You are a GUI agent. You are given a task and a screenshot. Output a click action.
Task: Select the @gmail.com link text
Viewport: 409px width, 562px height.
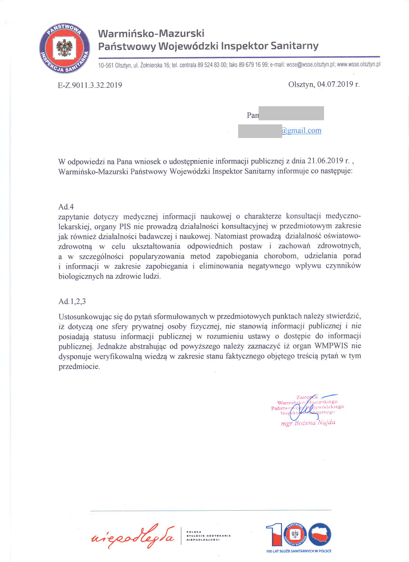pos(301,131)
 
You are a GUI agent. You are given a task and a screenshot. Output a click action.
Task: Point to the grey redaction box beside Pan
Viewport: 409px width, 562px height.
pos(291,113)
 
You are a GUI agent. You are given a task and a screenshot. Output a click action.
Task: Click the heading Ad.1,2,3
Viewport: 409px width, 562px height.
pos(73,301)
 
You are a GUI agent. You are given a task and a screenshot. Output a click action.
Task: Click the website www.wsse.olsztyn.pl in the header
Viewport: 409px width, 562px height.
pos(359,65)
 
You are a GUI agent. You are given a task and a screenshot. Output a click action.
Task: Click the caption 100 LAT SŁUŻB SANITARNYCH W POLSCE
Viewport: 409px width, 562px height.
pos(299,551)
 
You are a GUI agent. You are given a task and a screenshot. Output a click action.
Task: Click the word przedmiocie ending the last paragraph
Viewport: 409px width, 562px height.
pos(79,366)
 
